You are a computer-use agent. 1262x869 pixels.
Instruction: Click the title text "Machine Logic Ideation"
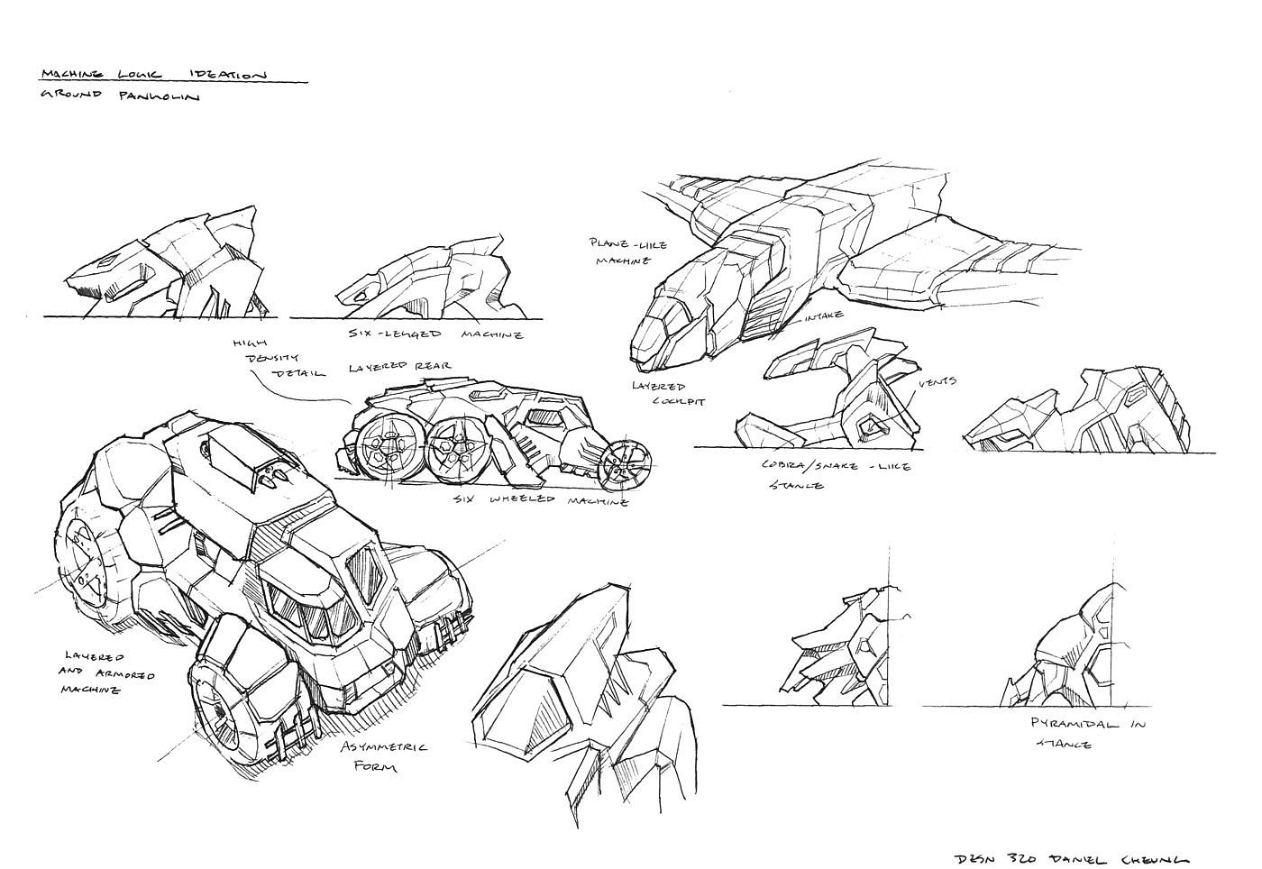pos(153,75)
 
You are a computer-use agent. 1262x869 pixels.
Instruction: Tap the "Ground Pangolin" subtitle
pos(119,96)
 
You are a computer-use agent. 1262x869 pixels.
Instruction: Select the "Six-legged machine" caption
pos(435,334)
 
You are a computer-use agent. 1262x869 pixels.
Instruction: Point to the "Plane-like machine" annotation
pos(621,252)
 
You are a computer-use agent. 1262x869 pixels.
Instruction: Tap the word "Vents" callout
pos(937,382)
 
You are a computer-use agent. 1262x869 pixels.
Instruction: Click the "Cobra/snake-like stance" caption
pos(834,475)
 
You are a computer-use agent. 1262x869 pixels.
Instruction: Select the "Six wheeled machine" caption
pos(540,499)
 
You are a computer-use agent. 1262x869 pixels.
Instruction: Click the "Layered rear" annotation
pos(400,368)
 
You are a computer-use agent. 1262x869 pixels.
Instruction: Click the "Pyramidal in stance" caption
pos(1087,734)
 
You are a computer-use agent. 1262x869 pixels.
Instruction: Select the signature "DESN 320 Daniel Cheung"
pos(1071,858)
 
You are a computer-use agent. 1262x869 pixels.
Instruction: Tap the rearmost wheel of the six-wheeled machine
pos(383,448)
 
